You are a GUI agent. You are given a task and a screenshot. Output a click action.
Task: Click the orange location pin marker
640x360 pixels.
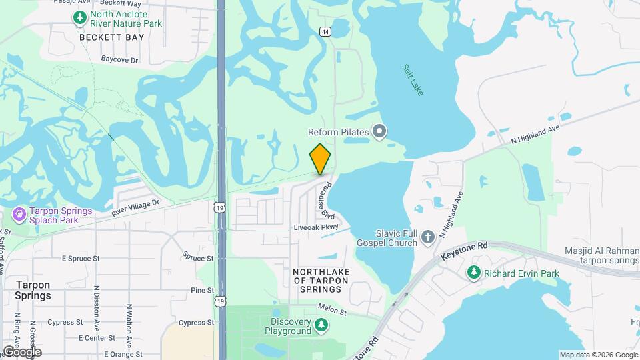tap(321, 159)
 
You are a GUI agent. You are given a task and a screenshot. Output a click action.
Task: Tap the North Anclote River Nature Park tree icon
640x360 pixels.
tap(80, 17)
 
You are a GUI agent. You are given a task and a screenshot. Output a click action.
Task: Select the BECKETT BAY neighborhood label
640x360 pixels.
tap(111, 37)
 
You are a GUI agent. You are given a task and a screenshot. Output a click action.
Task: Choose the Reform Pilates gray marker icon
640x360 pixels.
tap(379, 131)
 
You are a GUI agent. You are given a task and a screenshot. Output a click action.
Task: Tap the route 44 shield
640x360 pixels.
tap(325, 31)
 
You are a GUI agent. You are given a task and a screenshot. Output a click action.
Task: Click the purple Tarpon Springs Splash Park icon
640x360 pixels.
tap(19, 215)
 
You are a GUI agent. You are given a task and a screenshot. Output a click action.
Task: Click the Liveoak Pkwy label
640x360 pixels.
tap(317, 228)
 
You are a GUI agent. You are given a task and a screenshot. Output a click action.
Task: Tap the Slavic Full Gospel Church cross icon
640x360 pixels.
tap(427, 236)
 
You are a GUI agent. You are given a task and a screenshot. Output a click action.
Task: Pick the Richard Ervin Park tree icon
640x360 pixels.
tap(473, 272)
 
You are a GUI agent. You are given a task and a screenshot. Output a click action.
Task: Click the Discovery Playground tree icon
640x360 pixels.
tap(321, 325)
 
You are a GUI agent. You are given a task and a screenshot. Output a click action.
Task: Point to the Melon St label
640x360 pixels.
tap(333, 310)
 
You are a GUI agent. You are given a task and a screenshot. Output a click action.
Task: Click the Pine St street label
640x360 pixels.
tap(202, 290)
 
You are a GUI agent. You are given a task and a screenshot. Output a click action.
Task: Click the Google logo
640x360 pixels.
tap(22, 351)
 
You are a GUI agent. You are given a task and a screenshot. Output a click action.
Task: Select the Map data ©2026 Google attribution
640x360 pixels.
tap(598, 355)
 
